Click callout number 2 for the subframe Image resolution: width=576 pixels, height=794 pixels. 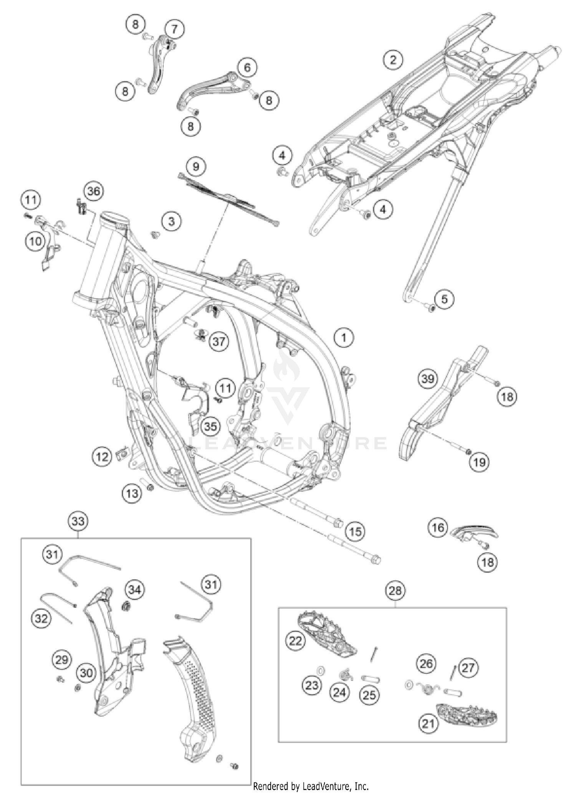pyautogui.click(x=393, y=60)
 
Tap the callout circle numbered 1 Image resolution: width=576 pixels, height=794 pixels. pyautogui.click(x=344, y=337)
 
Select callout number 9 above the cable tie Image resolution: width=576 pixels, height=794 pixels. pyautogui.click(x=196, y=167)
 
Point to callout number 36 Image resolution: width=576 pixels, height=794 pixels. pyautogui.click(x=94, y=191)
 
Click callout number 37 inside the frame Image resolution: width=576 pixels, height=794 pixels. pyautogui.click(x=218, y=341)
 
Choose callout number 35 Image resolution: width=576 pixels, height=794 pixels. pyautogui.click(x=210, y=426)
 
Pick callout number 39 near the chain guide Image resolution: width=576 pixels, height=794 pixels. pyautogui.click(x=427, y=379)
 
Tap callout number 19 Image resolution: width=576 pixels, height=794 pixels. pyautogui.click(x=479, y=462)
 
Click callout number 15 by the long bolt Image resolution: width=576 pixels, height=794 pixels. pyautogui.click(x=355, y=531)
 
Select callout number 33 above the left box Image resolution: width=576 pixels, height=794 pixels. pyautogui.click(x=78, y=521)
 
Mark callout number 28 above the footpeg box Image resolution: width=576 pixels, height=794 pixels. pyautogui.click(x=395, y=590)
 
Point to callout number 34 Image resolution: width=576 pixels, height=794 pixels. pyautogui.click(x=134, y=589)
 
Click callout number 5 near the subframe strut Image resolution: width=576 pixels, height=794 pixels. pyautogui.click(x=444, y=299)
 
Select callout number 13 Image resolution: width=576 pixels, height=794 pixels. pyautogui.click(x=132, y=493)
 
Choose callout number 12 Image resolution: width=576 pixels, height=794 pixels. pyautogui.click(x=102, y=457)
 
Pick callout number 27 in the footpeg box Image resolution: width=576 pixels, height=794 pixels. pyautogui.click(x=468, y=668)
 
